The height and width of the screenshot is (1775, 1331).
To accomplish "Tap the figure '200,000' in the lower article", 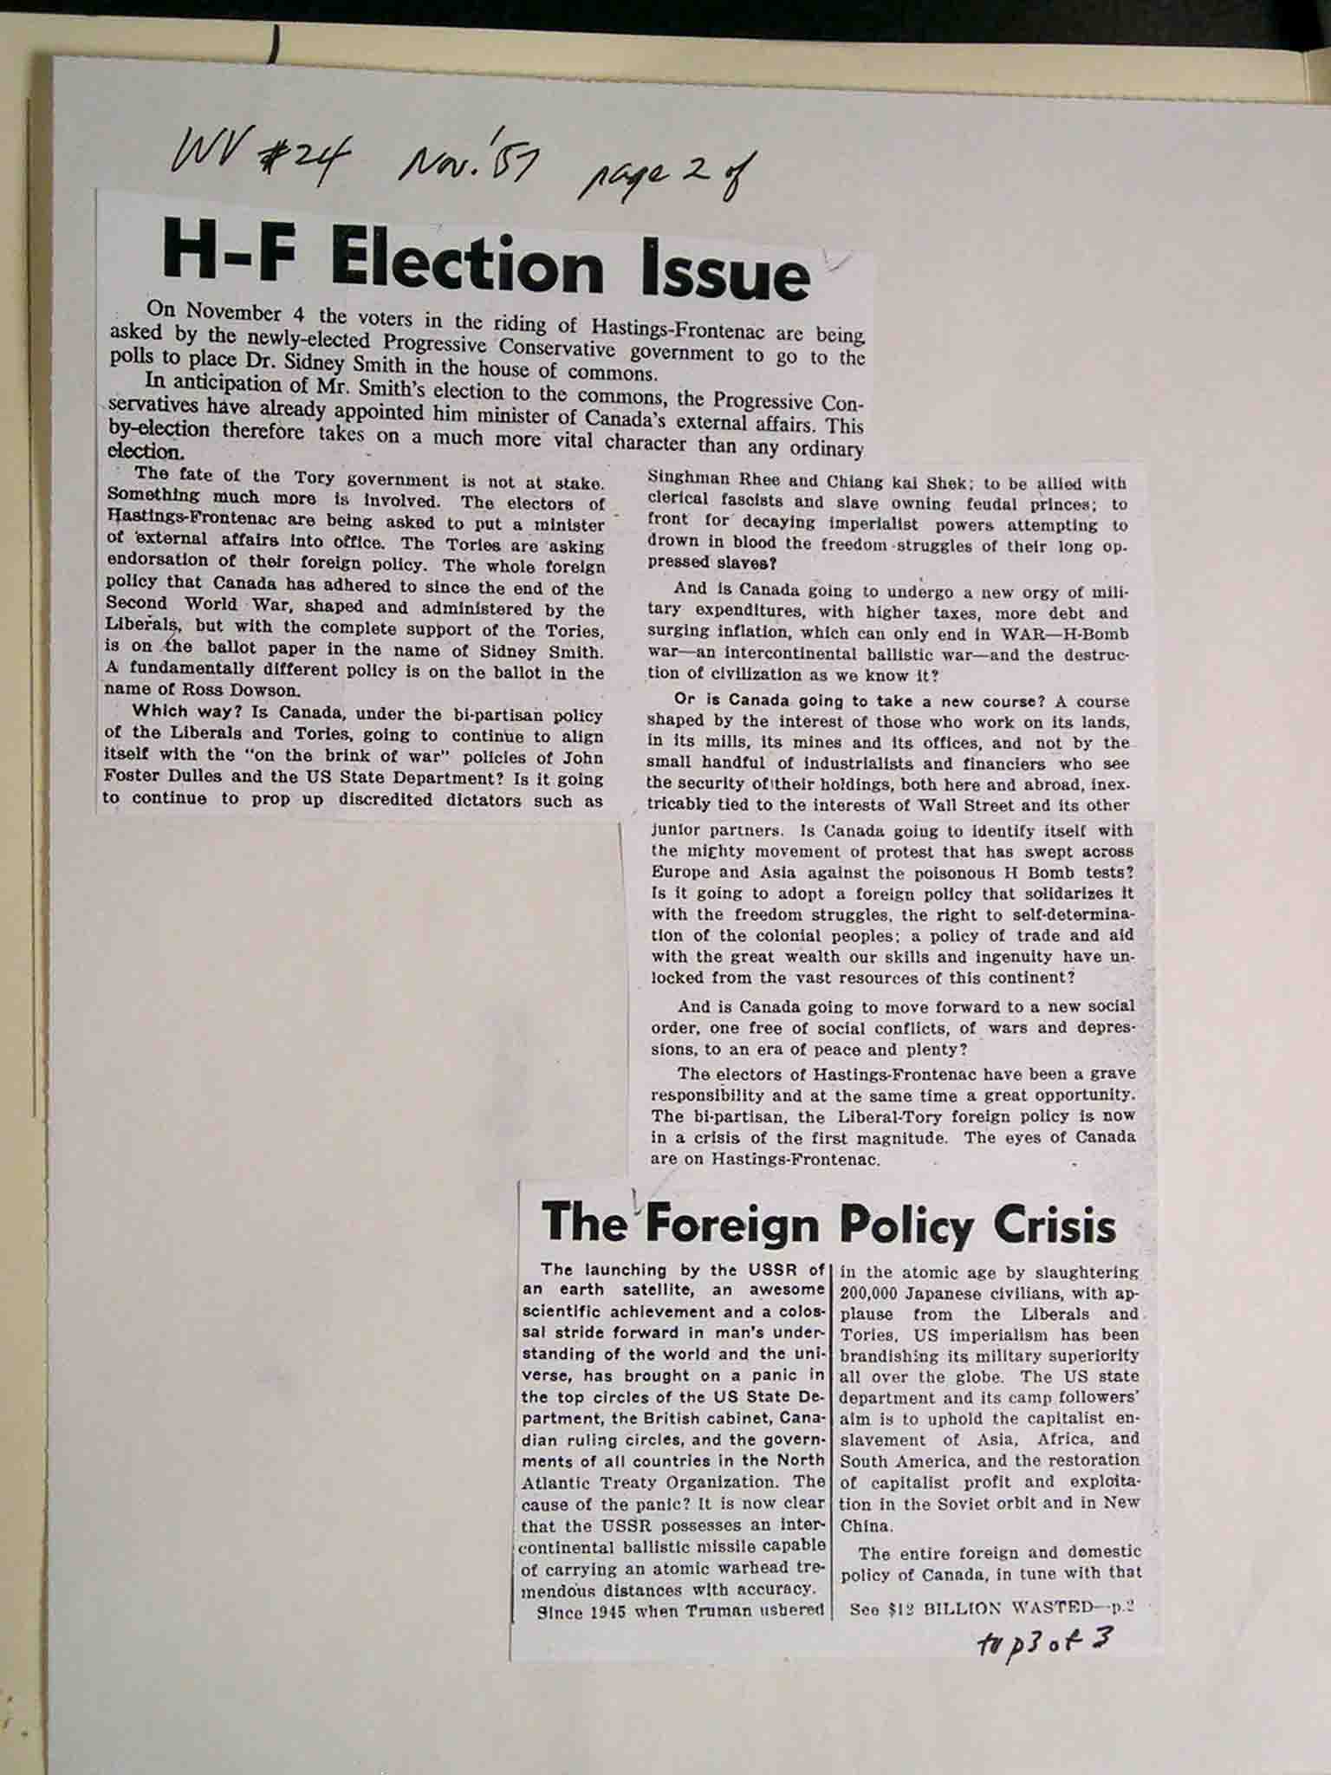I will point(875,1293).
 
